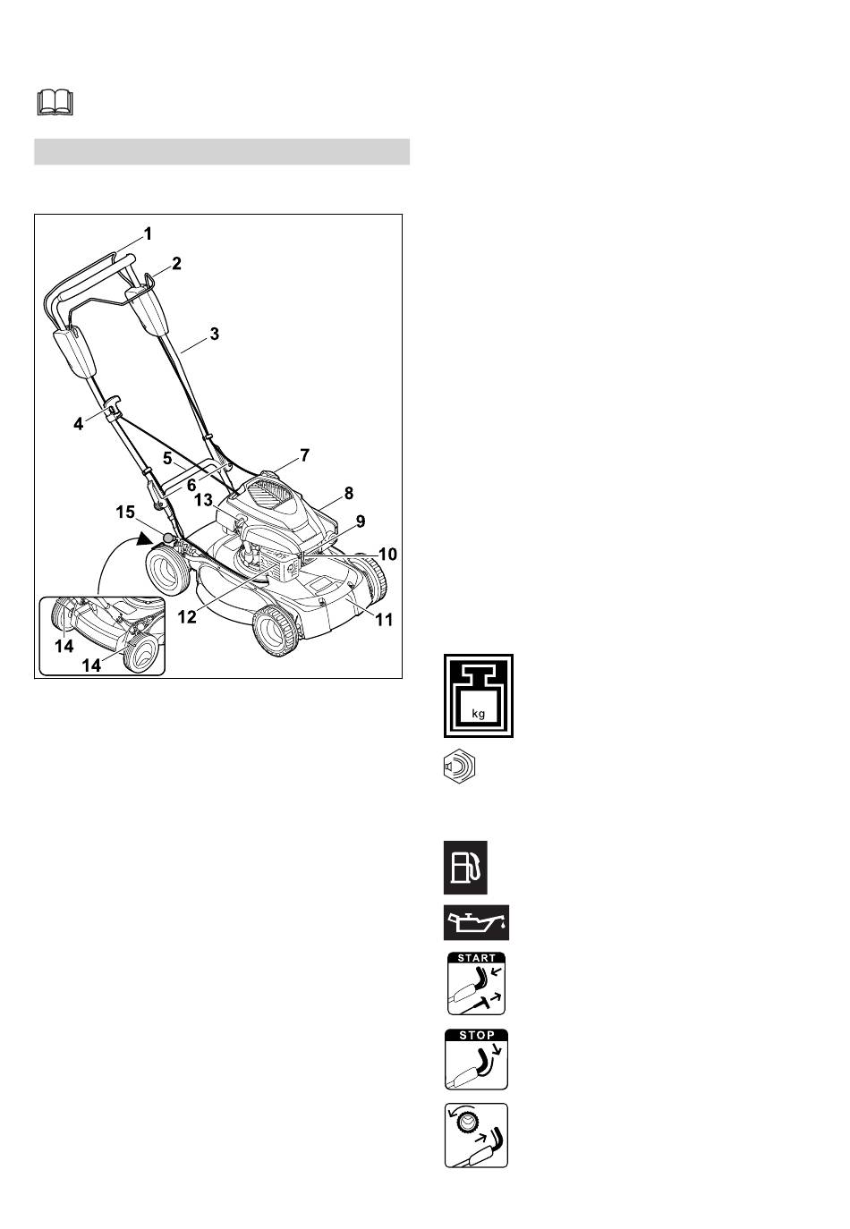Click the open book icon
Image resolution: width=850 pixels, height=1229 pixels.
point(55,103)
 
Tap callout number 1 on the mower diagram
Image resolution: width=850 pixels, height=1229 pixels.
point(148,234)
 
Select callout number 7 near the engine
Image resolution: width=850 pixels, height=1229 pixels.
point(304,455)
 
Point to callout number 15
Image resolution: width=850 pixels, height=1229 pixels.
point(125,512)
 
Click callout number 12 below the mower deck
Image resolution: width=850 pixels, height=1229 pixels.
point(187,616)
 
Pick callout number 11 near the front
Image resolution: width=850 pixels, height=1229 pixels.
point(384,620)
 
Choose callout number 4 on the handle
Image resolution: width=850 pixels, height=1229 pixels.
point(79,424)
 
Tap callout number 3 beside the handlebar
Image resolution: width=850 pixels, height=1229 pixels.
point(215,334)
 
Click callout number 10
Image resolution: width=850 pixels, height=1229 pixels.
point(387,555)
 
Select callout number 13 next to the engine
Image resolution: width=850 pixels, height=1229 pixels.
point(204,500)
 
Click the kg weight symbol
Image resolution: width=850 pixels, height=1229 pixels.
point(479,696)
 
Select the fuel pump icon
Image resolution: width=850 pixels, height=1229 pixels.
point(465,868)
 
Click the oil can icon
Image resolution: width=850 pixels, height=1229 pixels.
point(476,922)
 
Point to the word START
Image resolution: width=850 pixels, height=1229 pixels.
point(476,958)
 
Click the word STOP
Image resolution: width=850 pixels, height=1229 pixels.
point(477,1035)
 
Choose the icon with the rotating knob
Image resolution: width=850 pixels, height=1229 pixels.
point(476,1135)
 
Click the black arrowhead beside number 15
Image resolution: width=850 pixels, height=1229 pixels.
point(145,538)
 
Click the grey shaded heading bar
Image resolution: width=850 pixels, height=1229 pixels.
point(222,151)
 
